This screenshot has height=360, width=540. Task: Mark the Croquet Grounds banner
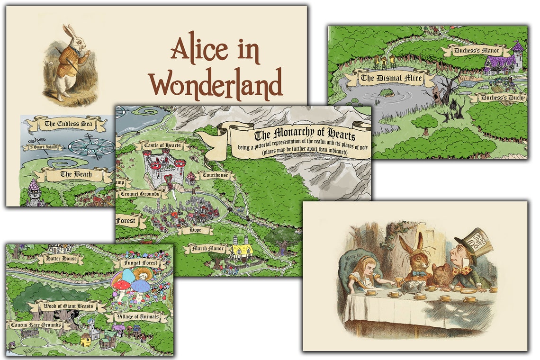[142, 194]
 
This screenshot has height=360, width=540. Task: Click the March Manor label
[207, 248]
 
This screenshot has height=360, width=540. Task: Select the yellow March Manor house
[243, 250]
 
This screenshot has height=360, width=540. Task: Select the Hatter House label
[60, 259]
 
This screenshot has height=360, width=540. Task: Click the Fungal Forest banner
[140, 262]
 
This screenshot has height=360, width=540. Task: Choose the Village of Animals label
[137, 317]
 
